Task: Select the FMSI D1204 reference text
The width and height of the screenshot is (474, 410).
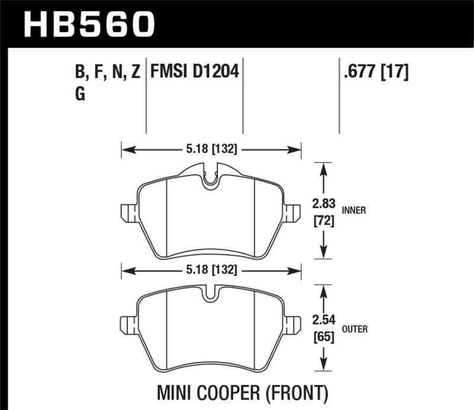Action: (195, 73)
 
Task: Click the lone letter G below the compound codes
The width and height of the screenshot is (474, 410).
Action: (80, 94)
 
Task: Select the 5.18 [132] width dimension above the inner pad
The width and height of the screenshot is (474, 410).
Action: (212, 150)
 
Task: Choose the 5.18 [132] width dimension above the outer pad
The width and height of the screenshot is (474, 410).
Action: (212, 270)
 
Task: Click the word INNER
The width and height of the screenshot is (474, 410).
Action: (353, 210)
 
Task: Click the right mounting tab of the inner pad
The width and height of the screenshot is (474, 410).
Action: (292, 212)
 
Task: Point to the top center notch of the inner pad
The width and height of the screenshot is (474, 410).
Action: (210, 179)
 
